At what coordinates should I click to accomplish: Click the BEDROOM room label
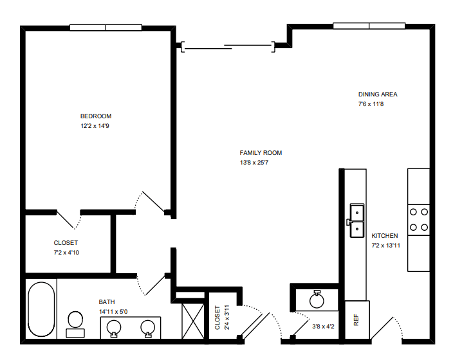(x=96, y=116)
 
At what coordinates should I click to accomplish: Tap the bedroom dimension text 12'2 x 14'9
(x=95, y=126)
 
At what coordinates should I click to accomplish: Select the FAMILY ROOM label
(x=261, y=153)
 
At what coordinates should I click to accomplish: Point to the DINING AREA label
(x=378, y=94)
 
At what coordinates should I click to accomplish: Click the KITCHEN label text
(x=385, y=235)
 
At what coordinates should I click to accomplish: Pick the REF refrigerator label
(x=356, y=320)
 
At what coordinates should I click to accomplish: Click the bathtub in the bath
(x=41, y=309)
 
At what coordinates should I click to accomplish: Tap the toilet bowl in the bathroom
(x=75, y=320)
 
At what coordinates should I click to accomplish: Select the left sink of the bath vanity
(x=114, y=328)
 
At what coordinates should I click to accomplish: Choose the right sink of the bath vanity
(x=147, y=328)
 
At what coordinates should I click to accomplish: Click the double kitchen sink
(x=356, y=221)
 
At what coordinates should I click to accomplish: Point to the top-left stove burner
(x=413, y=212)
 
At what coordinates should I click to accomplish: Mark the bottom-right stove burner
(x=425, y=228)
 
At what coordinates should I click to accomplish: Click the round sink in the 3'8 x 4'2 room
(x=317, y=300)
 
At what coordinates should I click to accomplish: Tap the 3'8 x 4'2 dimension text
(x=323, y=327)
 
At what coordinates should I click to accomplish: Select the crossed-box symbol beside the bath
(x=193, y=321)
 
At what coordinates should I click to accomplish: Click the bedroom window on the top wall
(x=106, y=28)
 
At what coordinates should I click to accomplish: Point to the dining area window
(x=369, y=26)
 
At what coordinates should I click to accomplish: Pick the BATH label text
(x=107, y=302)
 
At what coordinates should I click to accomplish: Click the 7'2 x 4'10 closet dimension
(x=66, y=253)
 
